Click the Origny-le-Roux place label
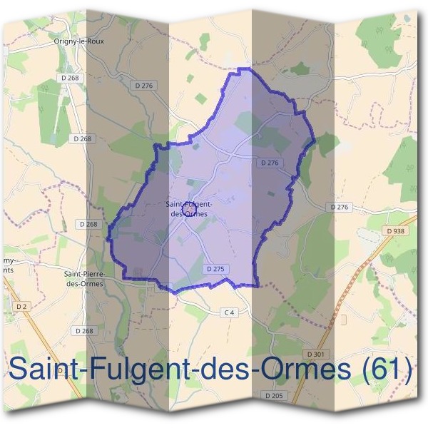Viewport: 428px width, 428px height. coord(78,41)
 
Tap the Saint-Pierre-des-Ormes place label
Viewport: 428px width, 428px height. coord(85,278)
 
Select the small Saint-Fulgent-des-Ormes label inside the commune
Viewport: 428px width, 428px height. coord(187,208)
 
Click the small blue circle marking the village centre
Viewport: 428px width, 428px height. coord(189,209)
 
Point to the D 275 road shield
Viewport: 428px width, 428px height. coord(215,269)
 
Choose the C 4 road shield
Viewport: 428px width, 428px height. coord(229,312)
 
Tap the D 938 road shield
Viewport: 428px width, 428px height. coord(393,231)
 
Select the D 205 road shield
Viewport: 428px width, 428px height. coord(274,395)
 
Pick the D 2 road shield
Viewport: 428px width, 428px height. coord(21,306)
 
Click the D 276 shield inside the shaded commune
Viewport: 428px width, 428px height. coord(270,163)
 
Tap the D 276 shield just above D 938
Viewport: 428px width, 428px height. coord(340,207)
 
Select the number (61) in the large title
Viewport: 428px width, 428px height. coord(386,370)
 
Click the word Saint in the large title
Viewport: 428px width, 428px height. coord(44,370)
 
